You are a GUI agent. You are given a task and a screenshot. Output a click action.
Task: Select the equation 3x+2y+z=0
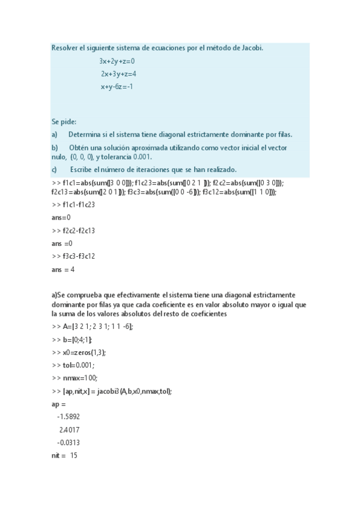pyautogui.click(x=117, y=61)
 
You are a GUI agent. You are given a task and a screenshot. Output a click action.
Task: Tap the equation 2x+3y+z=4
pyautogui.click(x=118, y=74)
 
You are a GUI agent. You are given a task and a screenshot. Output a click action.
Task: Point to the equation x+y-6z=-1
pyautogui.click(x=117, y=87)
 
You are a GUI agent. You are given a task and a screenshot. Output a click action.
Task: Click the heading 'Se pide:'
pyautogui.click(x=64, y=121)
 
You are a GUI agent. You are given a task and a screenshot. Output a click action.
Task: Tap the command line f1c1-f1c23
pyautogui.click(x=74, y=204)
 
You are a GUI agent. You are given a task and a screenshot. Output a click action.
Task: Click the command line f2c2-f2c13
pyautogui.click(x=74, y=230)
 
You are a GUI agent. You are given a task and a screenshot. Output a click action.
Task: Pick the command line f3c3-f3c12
pyautogui.click(x=74, y=256)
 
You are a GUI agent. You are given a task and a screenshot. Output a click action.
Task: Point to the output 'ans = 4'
pyautogui.click(x=63, y=269)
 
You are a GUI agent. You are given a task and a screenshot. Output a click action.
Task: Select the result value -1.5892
pyautogui.click(x=69, y=417)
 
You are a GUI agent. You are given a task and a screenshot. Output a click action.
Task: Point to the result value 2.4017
pyautogui.click(x=70, y=430)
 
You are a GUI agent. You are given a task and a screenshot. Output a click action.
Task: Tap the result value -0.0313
pyautogui.click(x=69, y=443)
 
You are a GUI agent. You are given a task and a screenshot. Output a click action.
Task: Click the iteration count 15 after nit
pyautogui.click(x=73, y=456)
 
